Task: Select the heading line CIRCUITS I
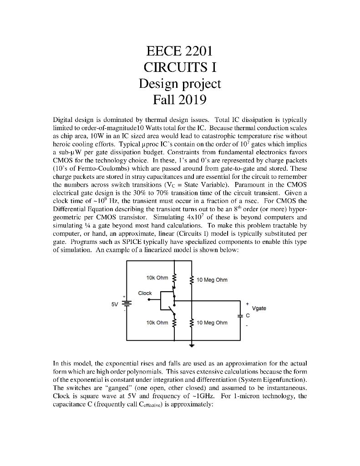180,67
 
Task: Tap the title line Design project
180,83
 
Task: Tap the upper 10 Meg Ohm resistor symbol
192,279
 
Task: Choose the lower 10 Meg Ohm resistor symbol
192,323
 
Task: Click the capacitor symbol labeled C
240,314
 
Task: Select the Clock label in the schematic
145,293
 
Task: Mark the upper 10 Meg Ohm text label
212,279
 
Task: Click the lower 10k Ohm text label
157,322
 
